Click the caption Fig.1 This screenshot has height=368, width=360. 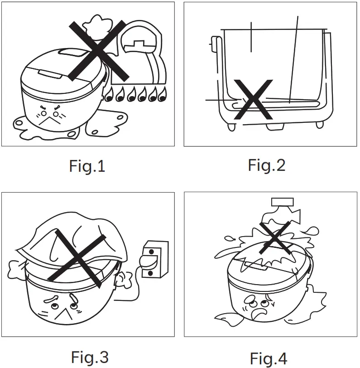[x=87, y=166]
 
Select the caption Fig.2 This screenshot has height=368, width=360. [x=267, y=165]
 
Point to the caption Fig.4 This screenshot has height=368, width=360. [x=269, y=358]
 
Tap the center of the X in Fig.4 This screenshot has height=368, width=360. [x=275, y=237]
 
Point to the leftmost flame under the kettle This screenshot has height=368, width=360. [x=109, y=94]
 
